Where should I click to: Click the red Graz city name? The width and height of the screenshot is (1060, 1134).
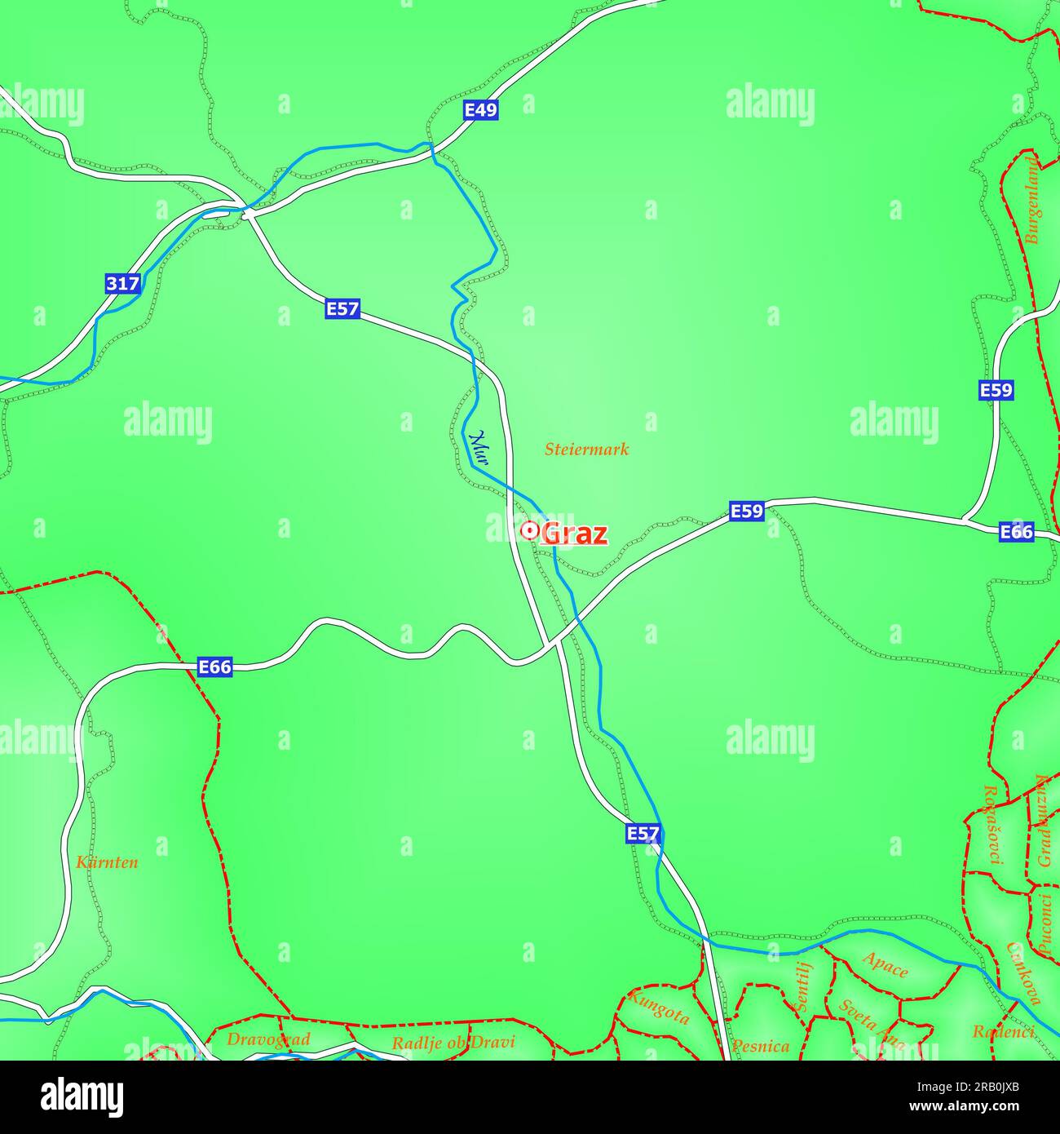574,534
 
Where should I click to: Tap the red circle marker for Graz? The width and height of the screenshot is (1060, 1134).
528,531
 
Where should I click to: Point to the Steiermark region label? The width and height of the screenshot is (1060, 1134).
586,449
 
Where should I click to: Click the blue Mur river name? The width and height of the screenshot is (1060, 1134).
479,448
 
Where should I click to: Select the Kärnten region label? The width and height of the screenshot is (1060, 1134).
107,862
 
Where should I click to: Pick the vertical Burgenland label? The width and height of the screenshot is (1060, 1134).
1032,201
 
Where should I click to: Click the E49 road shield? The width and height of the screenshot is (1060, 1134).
480,110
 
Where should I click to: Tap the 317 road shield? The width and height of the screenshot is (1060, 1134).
122,284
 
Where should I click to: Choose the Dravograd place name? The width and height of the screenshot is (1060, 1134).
268,1039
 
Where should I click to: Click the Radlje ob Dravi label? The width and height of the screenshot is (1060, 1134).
453,1043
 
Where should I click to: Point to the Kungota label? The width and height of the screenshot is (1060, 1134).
659,1007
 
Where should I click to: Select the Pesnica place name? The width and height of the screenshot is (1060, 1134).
760,1046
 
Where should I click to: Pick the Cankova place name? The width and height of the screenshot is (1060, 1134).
1024,972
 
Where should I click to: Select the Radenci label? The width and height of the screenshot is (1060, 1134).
1003,1032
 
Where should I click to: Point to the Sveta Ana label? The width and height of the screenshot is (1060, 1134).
871,1025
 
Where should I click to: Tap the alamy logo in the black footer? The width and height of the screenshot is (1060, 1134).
82,1096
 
